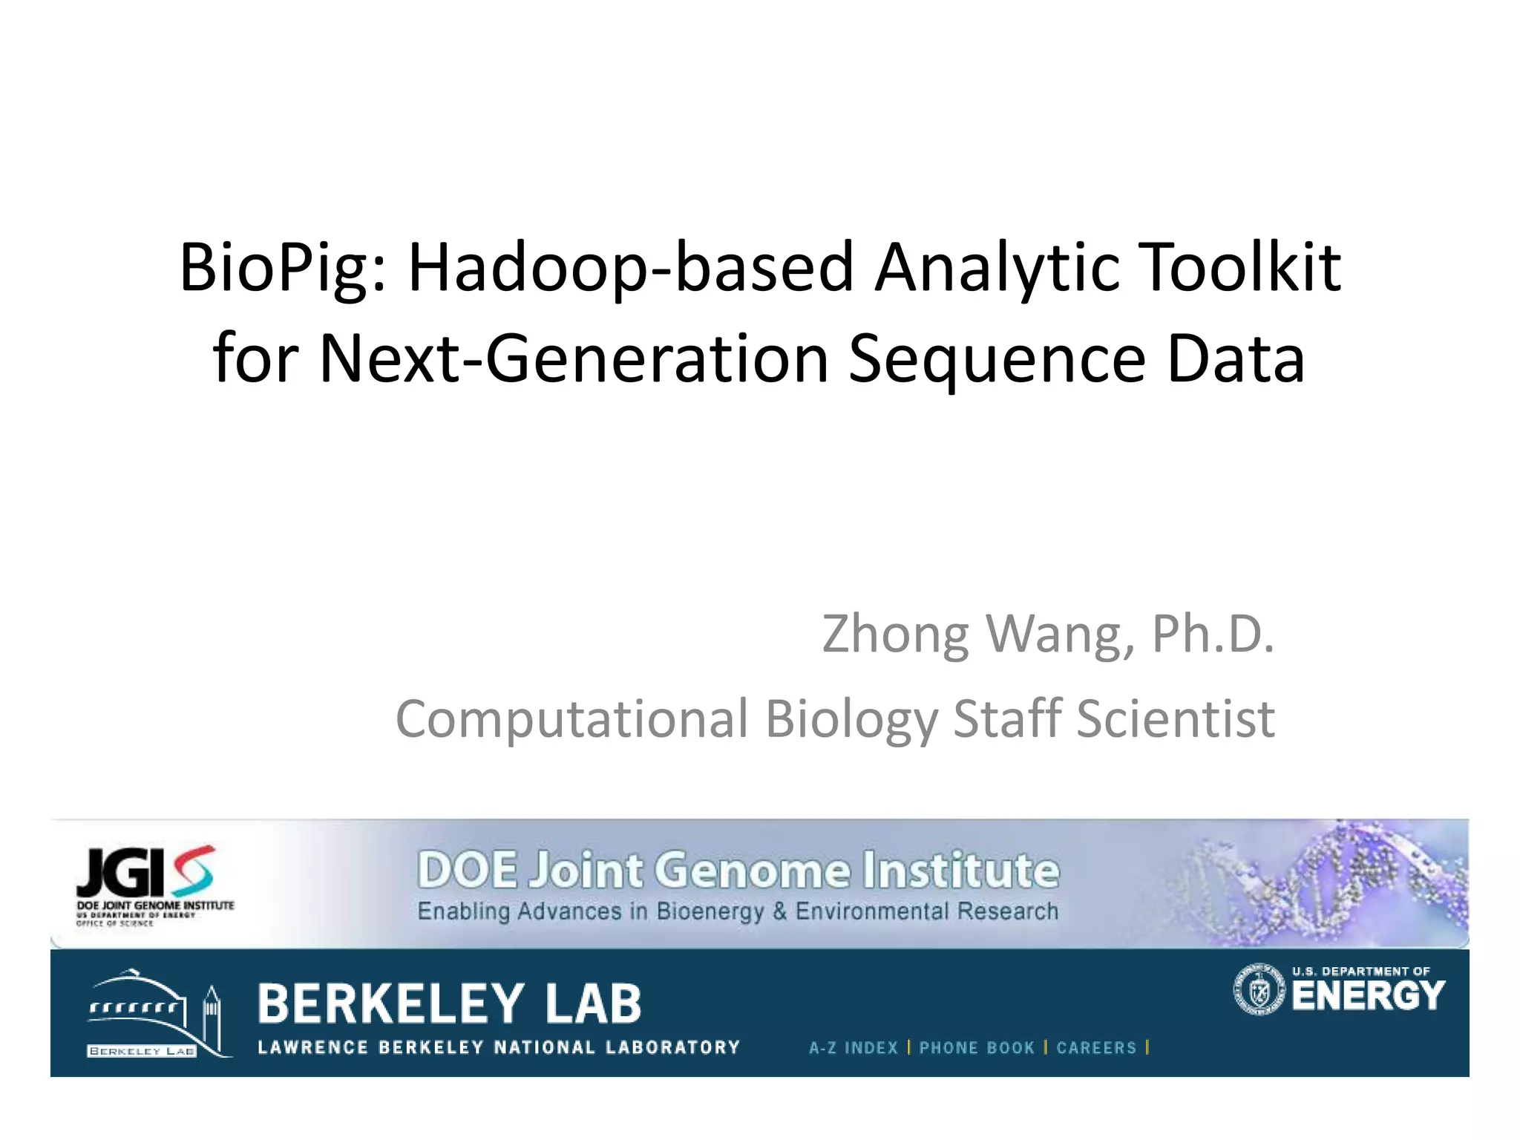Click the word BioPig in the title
[x=282, y=269]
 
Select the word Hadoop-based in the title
[x=631, y=269]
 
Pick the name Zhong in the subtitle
[x=894, y=635]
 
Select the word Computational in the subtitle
[x=571, y=720]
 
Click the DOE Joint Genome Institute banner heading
[x=738, y=870]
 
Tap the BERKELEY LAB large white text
[x=450, y=1003]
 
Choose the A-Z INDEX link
[x=854, y=1047]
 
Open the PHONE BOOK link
[x=977, y=1047]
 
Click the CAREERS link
[x=1096, y=1047]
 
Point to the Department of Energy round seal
[x=1259, y=989]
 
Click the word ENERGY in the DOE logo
[x=1368, y=996]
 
